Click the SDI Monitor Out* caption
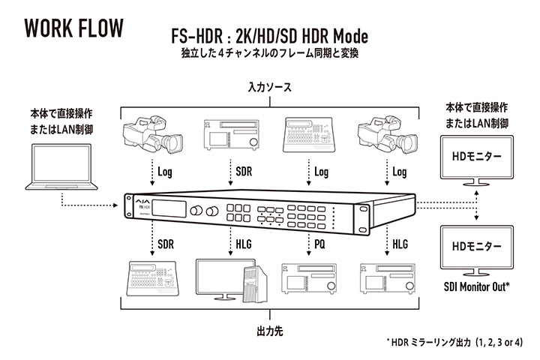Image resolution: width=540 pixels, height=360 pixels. [x=477, y=286]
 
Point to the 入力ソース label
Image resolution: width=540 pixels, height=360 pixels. [x=269, y=88]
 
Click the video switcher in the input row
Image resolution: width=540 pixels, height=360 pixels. [x=309, y=135]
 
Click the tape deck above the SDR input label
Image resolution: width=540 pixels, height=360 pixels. [x=225, y=135]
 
